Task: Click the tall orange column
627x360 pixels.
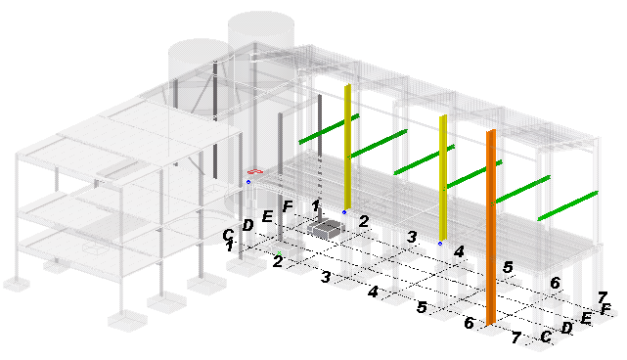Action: pos(491,227)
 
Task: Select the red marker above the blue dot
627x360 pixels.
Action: pos(255,171)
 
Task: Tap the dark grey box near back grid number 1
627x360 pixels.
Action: pos(326,229)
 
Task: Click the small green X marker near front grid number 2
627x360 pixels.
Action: pos(280,253)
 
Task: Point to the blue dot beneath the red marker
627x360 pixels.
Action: pos(248,182)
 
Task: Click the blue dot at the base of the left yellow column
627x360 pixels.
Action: pos(344,212)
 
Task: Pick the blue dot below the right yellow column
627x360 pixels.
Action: pos(440,244)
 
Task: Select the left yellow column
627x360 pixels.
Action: pos(347,147)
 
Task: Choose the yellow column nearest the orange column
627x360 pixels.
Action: pos(443,178)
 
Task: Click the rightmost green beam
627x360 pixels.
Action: pos(567,205)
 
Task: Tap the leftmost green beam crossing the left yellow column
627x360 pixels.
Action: pos(329,129)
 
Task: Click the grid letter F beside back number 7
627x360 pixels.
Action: pos(605,309)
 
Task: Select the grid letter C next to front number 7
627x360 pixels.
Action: pos(546,337)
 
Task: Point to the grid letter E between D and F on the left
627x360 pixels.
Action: pos(267,217)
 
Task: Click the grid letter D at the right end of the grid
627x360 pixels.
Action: pos(566,328)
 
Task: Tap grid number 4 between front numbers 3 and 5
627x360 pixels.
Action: pos(373,292)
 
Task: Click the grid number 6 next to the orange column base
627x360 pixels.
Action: pos(470,323)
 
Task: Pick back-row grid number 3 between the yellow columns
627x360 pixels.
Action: pos(412,237)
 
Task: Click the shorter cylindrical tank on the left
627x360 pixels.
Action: pos(199,80)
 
